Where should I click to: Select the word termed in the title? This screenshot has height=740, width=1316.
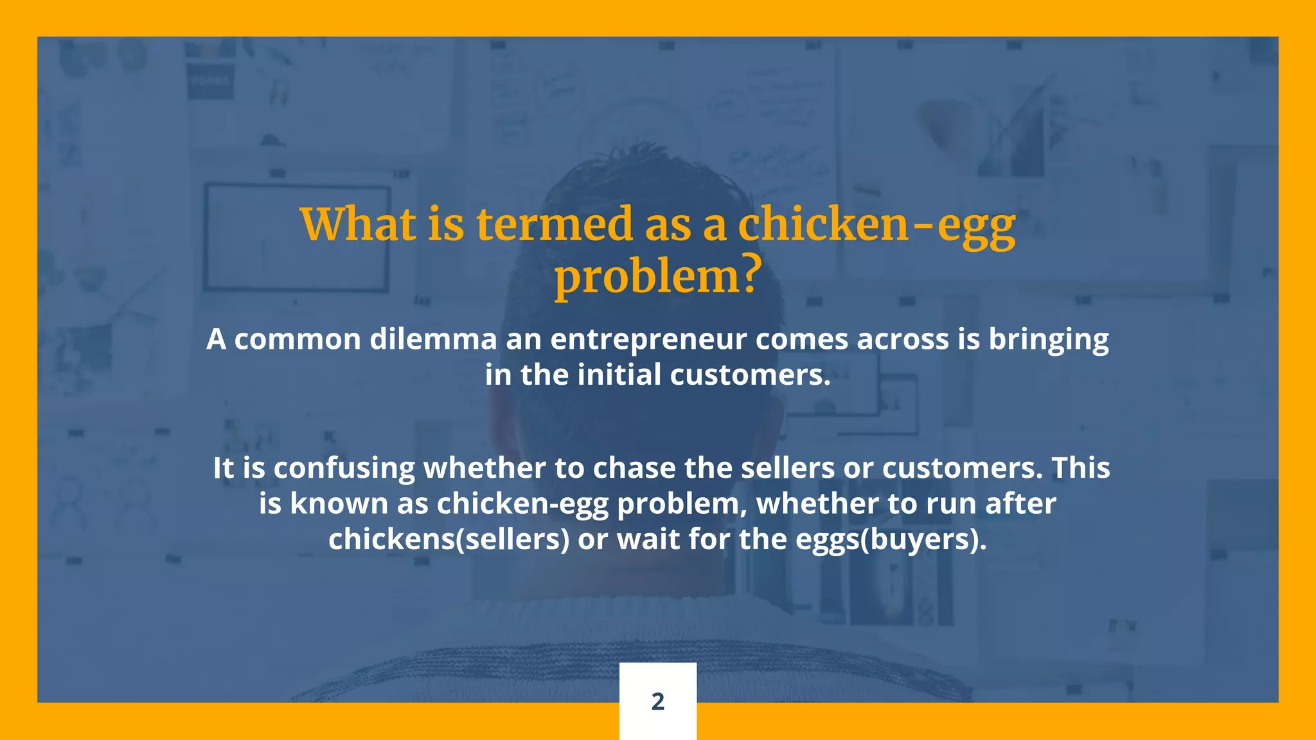554,225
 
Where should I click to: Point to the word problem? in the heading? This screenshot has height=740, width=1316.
657,277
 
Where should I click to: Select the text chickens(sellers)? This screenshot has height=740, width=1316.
449,540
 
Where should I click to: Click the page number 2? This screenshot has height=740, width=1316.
657,701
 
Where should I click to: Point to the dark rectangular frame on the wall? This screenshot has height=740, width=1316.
297,238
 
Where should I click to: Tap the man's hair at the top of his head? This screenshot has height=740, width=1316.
643,173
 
